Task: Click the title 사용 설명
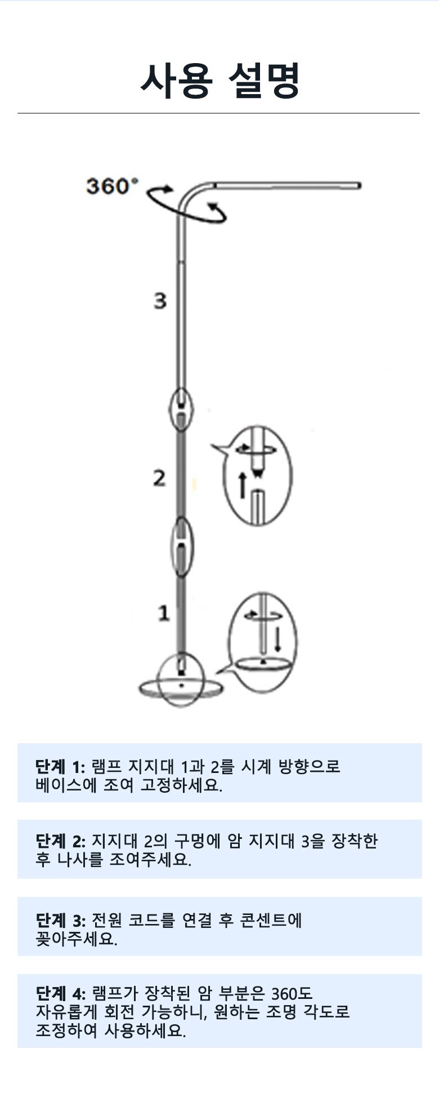220,80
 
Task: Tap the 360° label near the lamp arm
111,185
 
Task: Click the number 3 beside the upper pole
160,300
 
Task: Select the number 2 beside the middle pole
160,478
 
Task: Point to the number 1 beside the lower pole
163,612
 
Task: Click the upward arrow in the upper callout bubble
243,485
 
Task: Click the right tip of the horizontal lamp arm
359,185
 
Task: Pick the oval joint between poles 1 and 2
181,547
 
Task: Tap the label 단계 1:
60,767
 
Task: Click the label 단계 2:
60,841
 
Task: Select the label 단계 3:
60,921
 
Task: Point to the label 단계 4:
60,993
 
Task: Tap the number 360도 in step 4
292,993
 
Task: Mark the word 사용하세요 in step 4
145,1031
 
